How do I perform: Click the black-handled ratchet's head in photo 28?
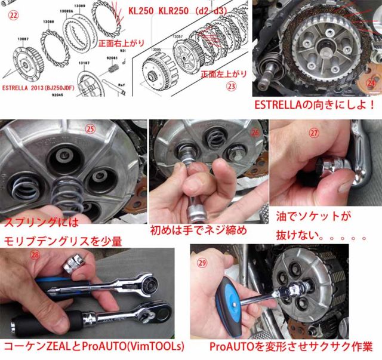pos(141,313)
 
